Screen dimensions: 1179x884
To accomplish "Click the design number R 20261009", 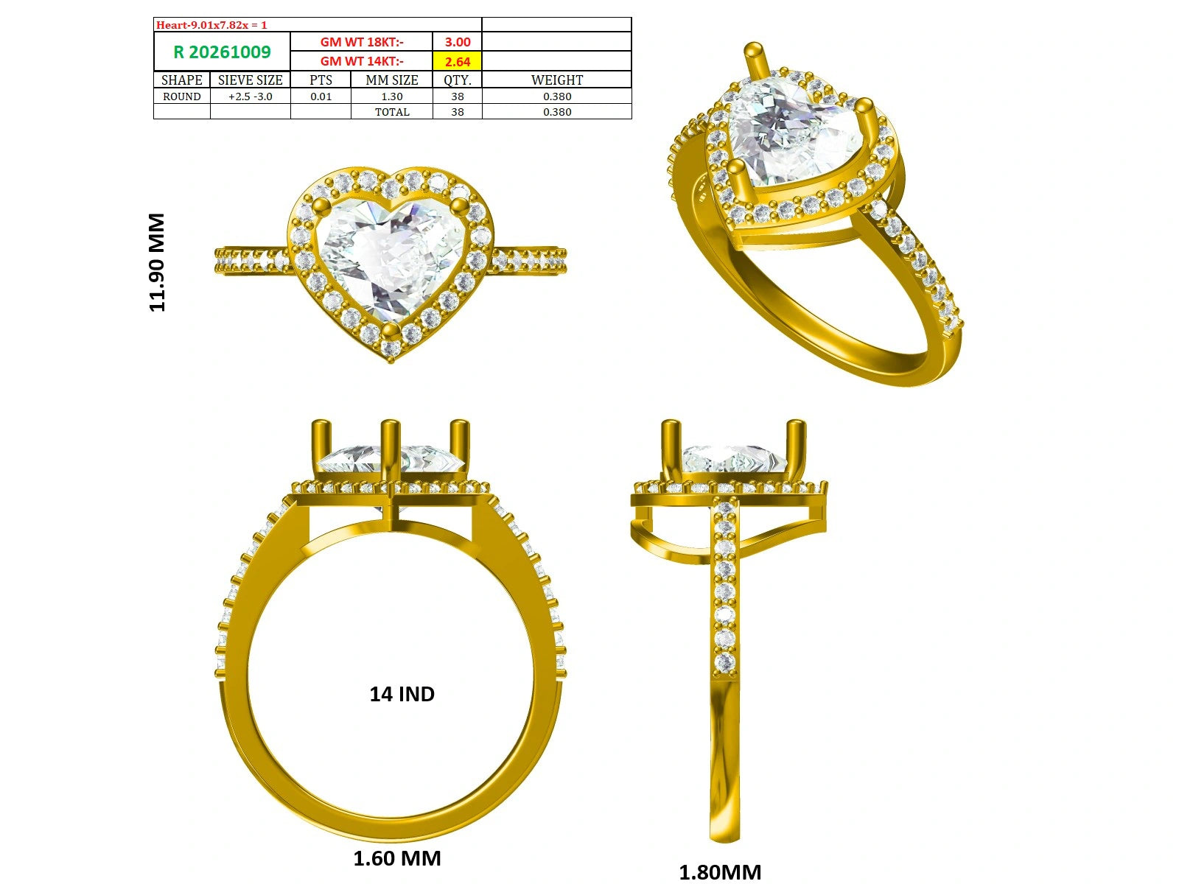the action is (x=222, y=52).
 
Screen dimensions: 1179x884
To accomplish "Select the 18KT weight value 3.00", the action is (x=457, y=42).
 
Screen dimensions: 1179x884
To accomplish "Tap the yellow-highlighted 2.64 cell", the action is (x=457, y=61).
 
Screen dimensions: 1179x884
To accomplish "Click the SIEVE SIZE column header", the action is (x=251, y=80).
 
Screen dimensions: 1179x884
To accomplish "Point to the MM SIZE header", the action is (x=391, y=80).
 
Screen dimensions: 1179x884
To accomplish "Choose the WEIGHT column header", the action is (x=557, y=80).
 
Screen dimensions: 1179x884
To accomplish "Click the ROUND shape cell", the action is (x=181, y=97).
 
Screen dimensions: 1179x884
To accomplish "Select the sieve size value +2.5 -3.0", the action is (x=251, y=97).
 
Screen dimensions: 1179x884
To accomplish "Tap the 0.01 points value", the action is (x=321, y=97).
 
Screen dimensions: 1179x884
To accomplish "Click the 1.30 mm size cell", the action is (x=391, y=97).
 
